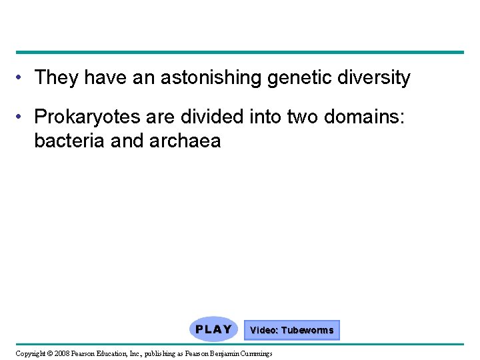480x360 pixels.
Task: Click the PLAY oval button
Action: (213, 329)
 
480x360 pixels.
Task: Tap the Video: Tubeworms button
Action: (291, 330)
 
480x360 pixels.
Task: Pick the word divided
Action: (201, 117)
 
